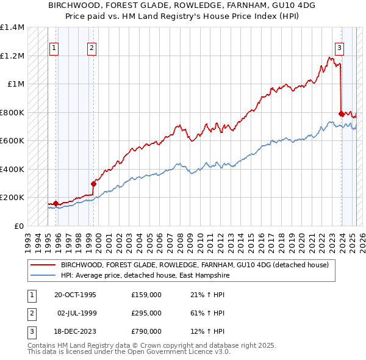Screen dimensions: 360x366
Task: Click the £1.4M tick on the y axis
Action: click(x=12, y=27)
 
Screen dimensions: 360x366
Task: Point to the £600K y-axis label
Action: click(x=12, y=141)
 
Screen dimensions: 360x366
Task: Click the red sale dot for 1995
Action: click(x=56, y=203)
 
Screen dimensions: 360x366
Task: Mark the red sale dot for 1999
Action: click(x=93, y=184)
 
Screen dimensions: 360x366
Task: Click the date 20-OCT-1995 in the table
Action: click(x=75, y=295)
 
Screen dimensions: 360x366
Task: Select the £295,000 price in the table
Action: click(x=146, y=313)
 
